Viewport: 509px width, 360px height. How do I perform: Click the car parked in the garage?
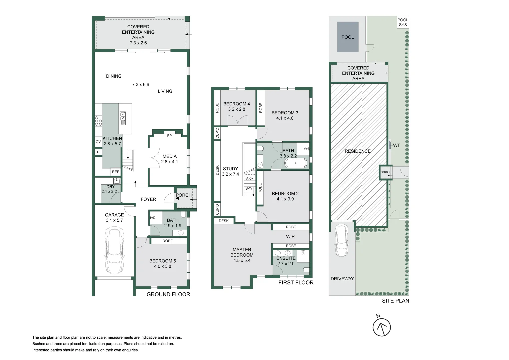[114, 250]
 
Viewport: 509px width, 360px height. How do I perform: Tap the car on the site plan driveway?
[342, 240]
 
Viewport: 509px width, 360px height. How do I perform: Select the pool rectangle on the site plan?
[347, 37]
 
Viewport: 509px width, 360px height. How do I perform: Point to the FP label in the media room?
[169, 136]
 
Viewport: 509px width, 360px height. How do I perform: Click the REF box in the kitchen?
[115, 172]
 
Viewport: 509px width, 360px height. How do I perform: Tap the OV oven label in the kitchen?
[98, 142]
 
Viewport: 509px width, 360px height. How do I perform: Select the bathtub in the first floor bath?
[295, 163]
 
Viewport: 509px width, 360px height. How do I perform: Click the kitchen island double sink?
[123, 118]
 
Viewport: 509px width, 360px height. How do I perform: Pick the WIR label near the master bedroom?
[290, 236]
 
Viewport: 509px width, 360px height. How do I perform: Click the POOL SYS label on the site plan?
[403, 22]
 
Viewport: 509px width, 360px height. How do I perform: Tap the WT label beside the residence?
[396, 145]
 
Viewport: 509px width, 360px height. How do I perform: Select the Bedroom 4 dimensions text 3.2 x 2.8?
[236, 109]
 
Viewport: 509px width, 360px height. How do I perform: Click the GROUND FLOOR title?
[168, 294]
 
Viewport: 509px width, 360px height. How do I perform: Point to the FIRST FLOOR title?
[296, 282]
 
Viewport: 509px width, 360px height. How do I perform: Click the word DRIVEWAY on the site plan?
[342, 279]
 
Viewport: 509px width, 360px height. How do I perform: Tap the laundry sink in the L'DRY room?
[116, 181]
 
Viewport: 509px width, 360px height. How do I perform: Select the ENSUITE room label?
[286, 258]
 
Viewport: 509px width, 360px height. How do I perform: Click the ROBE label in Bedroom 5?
[168, 241]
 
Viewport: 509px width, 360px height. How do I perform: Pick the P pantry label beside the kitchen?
[98, 152]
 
